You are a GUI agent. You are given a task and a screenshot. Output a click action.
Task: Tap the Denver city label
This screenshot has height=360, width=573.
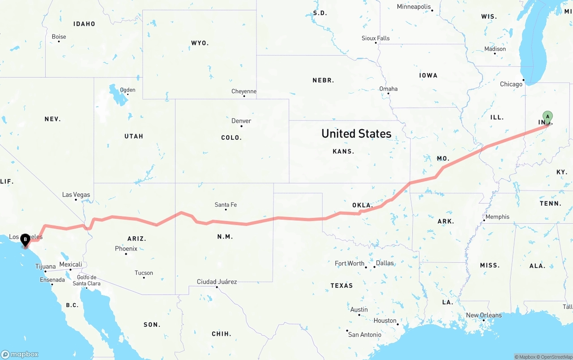[x=241, y=121]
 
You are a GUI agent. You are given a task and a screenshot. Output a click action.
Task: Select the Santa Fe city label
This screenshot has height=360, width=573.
[x=226, y=204]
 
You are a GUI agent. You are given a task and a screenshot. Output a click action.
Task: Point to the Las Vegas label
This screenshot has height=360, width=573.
[x=76, y=195]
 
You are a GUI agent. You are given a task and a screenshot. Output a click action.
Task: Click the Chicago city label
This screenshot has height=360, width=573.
[x=511, y=84]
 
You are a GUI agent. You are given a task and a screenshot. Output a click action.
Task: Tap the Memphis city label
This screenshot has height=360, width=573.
[x=497, y=217]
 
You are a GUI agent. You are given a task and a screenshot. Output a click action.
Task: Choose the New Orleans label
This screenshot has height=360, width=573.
[x=484, y=315]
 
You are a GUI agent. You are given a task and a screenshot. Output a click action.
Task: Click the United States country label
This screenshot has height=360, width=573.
[x=356, y=133]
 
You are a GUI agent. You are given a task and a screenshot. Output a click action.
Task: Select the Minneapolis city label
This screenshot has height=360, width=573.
[x=414, y=7]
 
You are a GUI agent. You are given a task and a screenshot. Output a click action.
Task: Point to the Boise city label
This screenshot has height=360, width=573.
[x=59, y=37]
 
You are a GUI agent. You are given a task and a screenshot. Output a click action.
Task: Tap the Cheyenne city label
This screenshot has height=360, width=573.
[x=244, y=91]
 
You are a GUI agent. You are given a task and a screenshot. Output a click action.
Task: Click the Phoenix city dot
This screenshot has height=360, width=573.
[x=126, y=254]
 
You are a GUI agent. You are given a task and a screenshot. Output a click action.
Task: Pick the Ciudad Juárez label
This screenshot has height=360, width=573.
[x=217, y=282]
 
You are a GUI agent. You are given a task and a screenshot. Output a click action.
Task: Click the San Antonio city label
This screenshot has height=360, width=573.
[x=365, y=334]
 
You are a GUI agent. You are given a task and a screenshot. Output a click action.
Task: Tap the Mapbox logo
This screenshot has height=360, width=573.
[x=20, y=354]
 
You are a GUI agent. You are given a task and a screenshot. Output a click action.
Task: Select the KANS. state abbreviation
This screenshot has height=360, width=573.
[x=343, y=152]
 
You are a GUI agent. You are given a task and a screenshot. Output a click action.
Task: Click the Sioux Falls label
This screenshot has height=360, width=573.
[x=376, y=38]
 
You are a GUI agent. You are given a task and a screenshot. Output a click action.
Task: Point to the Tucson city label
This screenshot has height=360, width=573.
[x=144, y=273]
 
